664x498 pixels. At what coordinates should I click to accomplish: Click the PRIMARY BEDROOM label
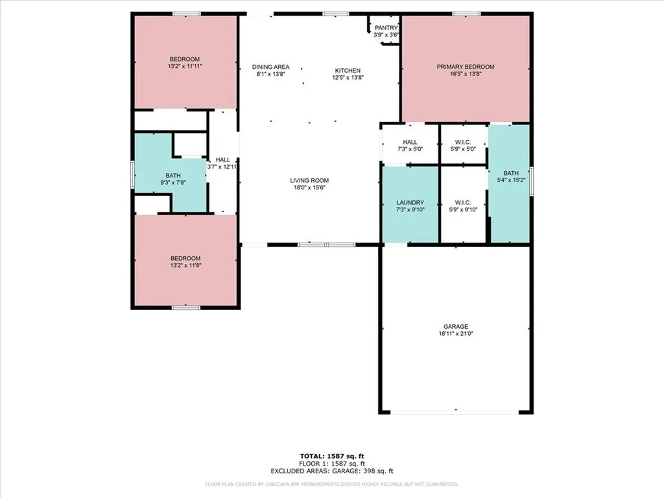pos(465,67)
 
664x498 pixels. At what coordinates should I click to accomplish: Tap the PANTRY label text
pos(386,27)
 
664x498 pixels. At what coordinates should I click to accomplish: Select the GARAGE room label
pos(455,326)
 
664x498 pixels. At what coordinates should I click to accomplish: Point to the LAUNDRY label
pos(410,202)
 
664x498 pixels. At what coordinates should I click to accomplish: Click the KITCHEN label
pos(348,71)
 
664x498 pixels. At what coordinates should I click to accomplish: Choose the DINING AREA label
pos(270,67)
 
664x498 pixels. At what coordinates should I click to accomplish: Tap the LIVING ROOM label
pos(309,180)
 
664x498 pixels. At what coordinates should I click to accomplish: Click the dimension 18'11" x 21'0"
pos(455,333)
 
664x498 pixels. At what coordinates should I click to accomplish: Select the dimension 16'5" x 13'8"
pos(465,74)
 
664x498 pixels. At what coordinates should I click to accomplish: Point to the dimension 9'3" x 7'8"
pos(173,183)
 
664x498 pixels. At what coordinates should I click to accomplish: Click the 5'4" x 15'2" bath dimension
pos(512,180)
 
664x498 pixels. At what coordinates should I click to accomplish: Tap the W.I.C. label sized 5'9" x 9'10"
pos(463,202)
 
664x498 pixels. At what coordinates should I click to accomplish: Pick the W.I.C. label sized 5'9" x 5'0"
pos(463,142)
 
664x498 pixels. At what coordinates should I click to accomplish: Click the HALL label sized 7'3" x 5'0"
pos(410,142)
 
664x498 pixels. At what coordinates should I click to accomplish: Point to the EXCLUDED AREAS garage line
pos(332,471)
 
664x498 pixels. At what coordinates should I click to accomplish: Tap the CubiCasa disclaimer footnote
pos(332,484)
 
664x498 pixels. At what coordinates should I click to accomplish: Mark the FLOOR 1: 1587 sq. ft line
pos(332,464)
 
